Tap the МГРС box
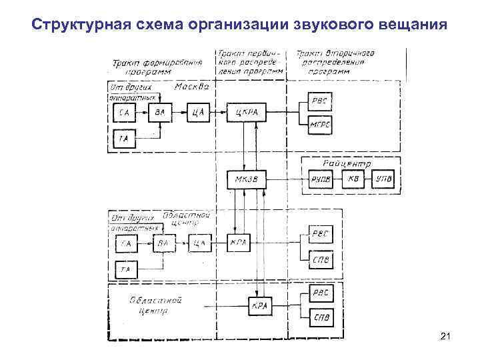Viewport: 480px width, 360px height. [321, 125]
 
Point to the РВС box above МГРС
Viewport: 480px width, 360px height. [321, 100]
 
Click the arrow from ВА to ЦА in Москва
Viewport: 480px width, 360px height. [178, 112]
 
